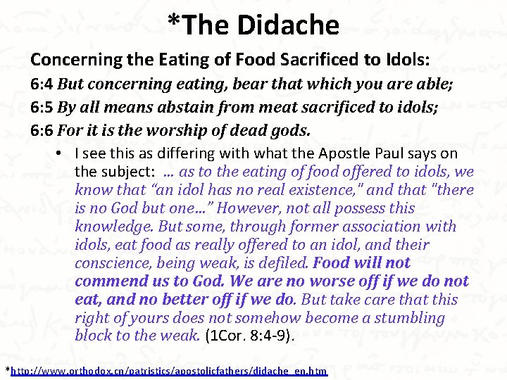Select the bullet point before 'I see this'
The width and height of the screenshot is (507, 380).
[63, 153]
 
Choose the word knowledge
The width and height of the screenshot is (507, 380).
[114, 227]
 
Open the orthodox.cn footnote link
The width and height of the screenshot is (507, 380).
[170, 370]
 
